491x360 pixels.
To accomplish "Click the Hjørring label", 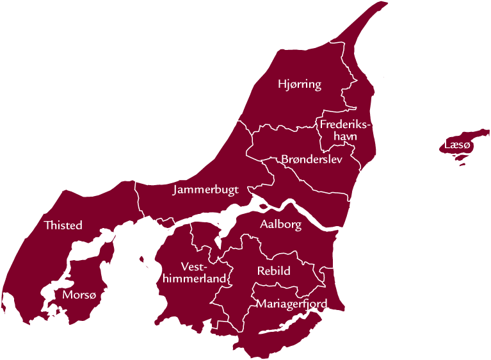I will pyautogui.click(x=299, y=84).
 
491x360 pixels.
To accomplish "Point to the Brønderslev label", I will pyautogui.click(x=311, y=159).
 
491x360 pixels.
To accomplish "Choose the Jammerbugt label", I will pyautogui.click(x=205, y=190).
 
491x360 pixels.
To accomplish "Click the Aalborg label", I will pyautogui.click(x=280, y=224).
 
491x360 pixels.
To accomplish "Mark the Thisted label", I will pyautogui.click(x=63, y=225).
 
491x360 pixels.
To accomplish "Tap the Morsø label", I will pyautogui.click(x=80, y=295).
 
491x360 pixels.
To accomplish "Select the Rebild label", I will pyautogui.click(x=274, y=271).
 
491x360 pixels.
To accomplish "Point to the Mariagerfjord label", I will pyautogui.click(x=291, y=303).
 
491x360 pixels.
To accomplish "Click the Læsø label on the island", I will pyautogui.click(x=458, y=146).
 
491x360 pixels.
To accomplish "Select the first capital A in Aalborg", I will pyautogui.click(x=264, y=224).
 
